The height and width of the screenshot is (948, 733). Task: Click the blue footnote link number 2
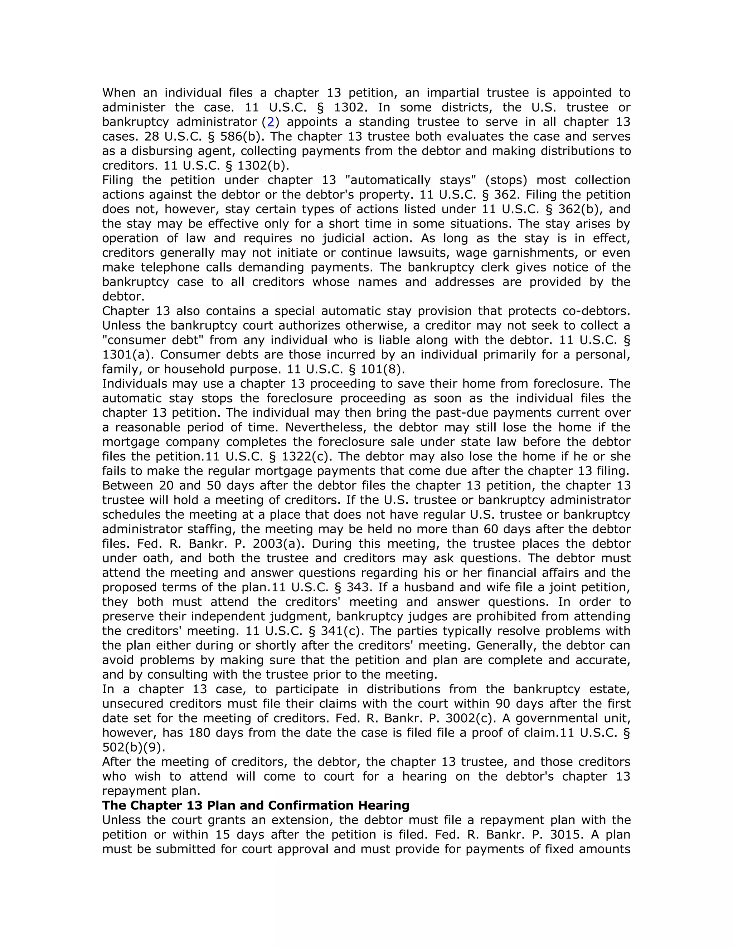tap(271, 122)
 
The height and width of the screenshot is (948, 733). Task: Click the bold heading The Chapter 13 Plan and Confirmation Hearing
tap(256, 806)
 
